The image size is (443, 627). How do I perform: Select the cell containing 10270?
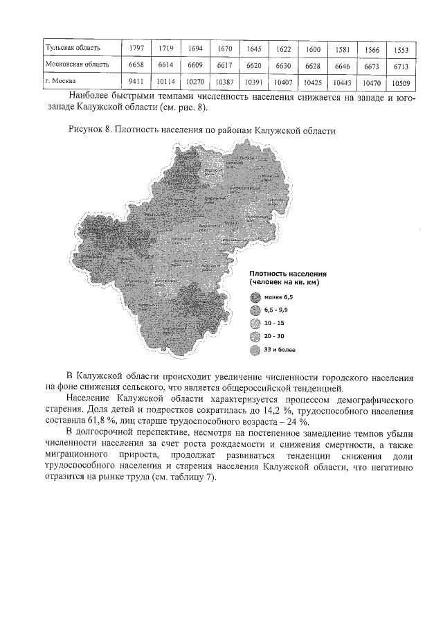(194, 81)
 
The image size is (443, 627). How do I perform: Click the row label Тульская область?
(73, 48)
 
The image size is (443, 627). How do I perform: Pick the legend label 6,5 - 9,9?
(278, 310)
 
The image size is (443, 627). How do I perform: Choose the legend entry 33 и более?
(280, 350)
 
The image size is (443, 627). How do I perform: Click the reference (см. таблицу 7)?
(182, 477)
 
